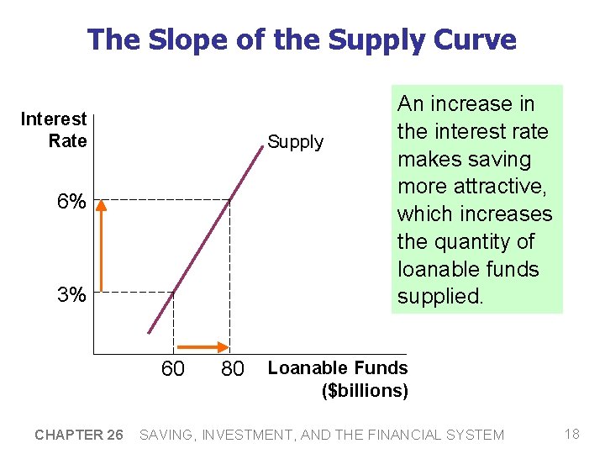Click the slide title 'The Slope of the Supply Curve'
point(302,40)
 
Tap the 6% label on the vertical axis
point(71,203)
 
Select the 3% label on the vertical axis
point(71,295)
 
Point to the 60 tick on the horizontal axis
point(173,368)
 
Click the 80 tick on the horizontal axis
point(233,368)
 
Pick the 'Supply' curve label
point(295,142)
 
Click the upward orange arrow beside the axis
point(100,247)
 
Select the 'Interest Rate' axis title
point(54,130)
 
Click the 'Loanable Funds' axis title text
point(337,367)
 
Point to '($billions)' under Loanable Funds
point(366,390)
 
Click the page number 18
point(572,434)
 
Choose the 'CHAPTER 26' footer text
point(79,435)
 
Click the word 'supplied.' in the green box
point(440,297)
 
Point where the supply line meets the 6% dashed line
point(230,199)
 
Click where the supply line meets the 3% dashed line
point(173,293)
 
